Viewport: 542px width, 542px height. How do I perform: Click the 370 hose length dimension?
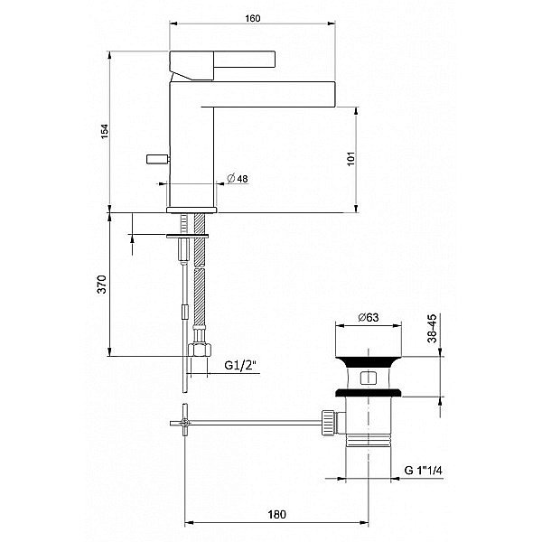[x=102, y=285]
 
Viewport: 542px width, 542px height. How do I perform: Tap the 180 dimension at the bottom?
[x=276, y=514]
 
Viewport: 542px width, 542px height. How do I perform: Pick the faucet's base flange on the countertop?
[x=192, y=210]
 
